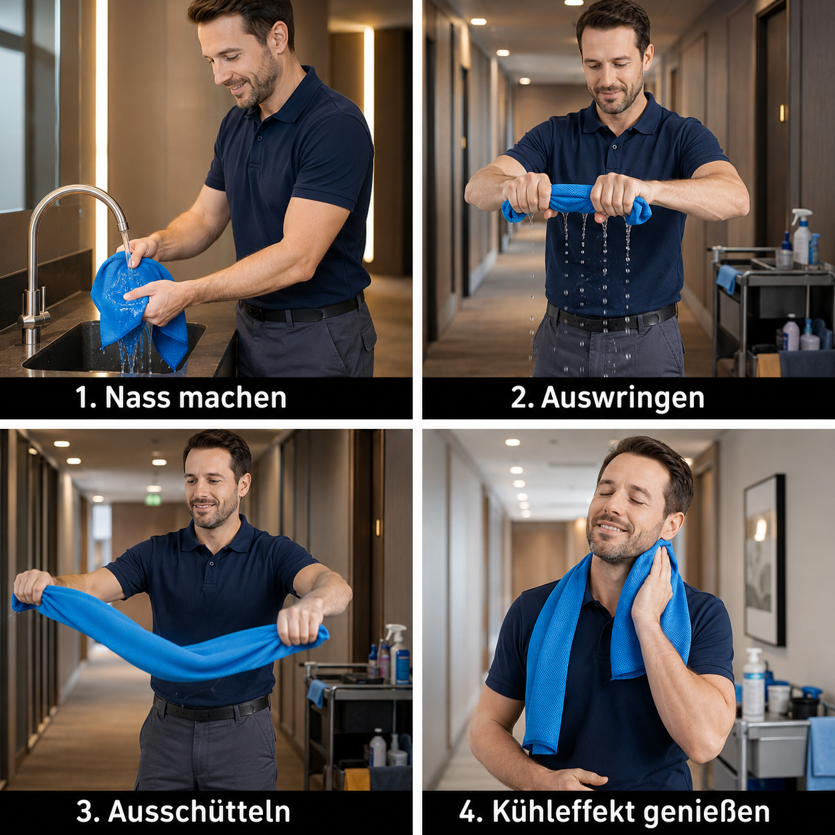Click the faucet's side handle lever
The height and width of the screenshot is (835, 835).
click(x=43, y=299)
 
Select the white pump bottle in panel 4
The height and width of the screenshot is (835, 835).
click(x=753, y=685)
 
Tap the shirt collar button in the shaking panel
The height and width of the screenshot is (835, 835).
click(x=212, y=564)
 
